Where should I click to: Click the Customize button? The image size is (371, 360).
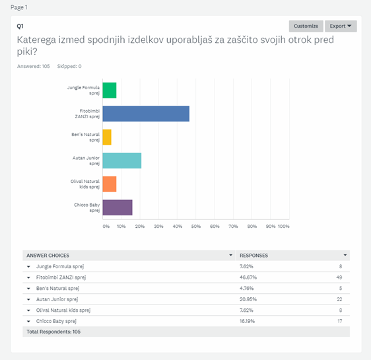[x=306, y=26]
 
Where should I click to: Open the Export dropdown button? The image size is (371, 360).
[x=341, y=26]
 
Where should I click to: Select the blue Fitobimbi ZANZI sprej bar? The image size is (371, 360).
[x=146, y=114]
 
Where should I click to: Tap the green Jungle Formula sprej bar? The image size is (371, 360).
[x=110, y=90]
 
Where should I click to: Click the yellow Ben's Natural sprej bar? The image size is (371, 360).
[x=107, y=137]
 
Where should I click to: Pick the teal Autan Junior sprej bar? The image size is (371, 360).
[x=122, y=161]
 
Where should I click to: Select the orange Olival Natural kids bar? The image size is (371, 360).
[x=110, y=184]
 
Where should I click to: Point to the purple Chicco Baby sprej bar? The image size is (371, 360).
[x=118, y=207]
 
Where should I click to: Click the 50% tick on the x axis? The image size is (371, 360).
[x=196, y=227]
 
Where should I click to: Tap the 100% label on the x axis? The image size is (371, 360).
[x=284, y=227]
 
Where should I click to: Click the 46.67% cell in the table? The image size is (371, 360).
[x=248, y=277]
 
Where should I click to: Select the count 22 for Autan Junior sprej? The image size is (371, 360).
[x=339, y=299]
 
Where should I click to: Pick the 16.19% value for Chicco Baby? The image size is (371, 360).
[x=248, y=321]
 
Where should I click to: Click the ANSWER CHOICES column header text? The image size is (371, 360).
[x=48, y=256]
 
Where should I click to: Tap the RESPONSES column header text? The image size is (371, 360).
[x=254, y=256]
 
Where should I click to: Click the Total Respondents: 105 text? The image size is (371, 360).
[x=53, y=332]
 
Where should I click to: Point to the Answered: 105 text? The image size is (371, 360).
[x=34, y=66]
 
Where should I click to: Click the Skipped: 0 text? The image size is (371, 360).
[x=69, y=66]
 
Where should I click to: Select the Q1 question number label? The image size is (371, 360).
[x=20, y=26]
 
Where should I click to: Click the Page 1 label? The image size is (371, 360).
[x=19, y=7]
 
